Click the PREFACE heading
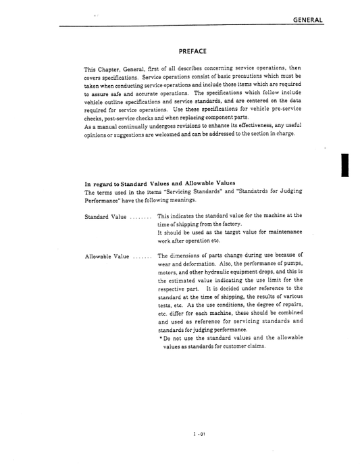click(192, 51)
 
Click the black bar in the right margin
click(344, 164)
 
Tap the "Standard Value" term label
click(105, 217)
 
